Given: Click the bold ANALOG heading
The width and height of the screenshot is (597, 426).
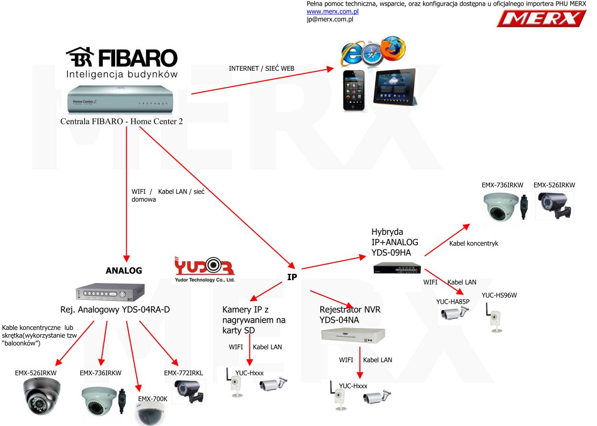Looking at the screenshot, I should [124, 271].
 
